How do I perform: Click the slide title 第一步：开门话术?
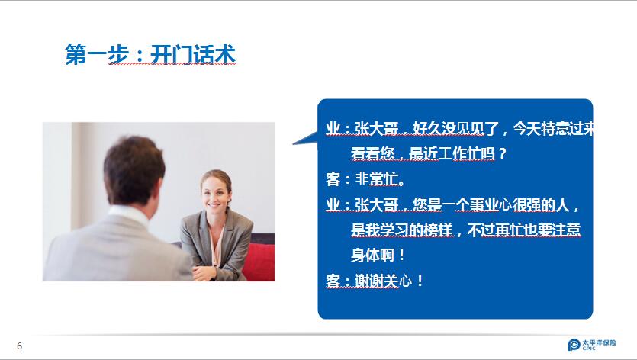pos(150,54)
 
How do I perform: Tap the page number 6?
pos(20,346)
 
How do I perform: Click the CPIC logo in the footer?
pos(591,345)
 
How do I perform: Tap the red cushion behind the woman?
pos(260,261)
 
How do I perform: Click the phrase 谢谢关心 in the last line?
pos(383,281)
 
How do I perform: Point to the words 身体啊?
pos(372,256)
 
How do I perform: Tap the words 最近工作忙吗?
pos(452,153)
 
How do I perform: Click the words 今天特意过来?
pos(553,128)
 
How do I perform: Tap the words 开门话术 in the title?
pos(193,54)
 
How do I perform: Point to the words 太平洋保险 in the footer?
pos(599,342)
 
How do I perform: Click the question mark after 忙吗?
pos(503,154)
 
